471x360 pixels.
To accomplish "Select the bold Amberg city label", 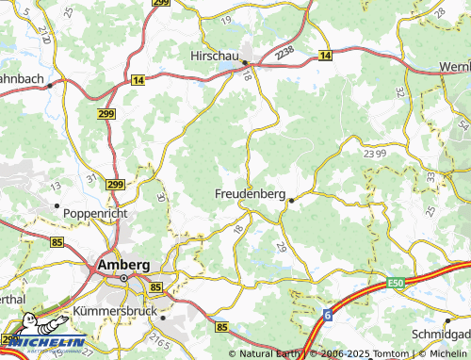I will tap(123, 267).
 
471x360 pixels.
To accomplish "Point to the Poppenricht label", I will tap(95, 214).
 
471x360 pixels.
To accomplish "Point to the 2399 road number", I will tap(374, 152).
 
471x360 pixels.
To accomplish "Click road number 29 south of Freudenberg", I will tap(281, 245).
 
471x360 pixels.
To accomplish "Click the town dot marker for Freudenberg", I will tap(292, 200).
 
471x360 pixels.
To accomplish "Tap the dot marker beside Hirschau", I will tap(244, 63).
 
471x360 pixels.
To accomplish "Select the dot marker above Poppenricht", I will tap(57, 205).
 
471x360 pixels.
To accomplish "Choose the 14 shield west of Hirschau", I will tap(138, 82).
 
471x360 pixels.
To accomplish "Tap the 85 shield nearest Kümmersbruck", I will tap(155, 286).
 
